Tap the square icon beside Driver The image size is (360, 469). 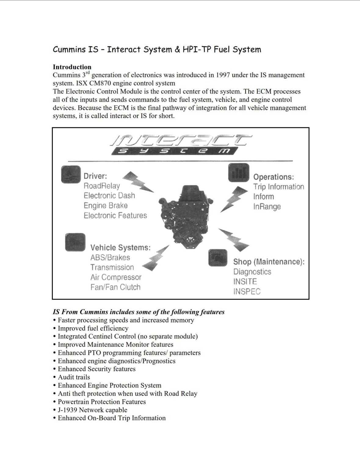click(71, 174)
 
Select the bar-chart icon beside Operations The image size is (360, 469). click(238, 173)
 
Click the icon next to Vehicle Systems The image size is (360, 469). click(75, 242)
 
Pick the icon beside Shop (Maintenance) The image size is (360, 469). click(218, 257)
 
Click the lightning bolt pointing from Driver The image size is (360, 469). click(138, 182)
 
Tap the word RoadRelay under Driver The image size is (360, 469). click(102, 186)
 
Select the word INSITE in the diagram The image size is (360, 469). click(245, 282)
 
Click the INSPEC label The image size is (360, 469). click(247, 292)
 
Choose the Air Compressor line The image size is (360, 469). click(116, 277)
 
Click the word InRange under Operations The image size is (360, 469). click(267, 207)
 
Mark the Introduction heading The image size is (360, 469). click(72, 67)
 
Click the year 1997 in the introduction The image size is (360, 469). click(223, 75)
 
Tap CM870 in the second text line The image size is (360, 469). click(100, 83)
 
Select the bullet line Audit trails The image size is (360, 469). click(74, 377)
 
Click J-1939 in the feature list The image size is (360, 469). click(67, 410)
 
